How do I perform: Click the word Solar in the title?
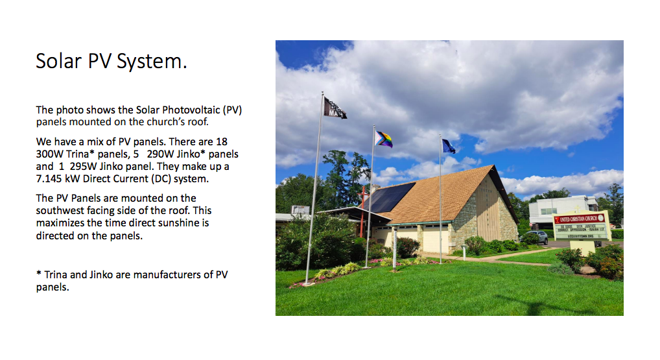[58, 61]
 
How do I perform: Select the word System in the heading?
[153, 61]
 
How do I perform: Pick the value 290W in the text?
[160, 154]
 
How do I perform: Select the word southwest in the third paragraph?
[60, 210]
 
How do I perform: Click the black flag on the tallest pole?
[335, 108]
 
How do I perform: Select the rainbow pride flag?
[384, 139]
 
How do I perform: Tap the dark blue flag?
[448, 146]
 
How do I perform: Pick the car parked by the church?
[534, 237]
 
